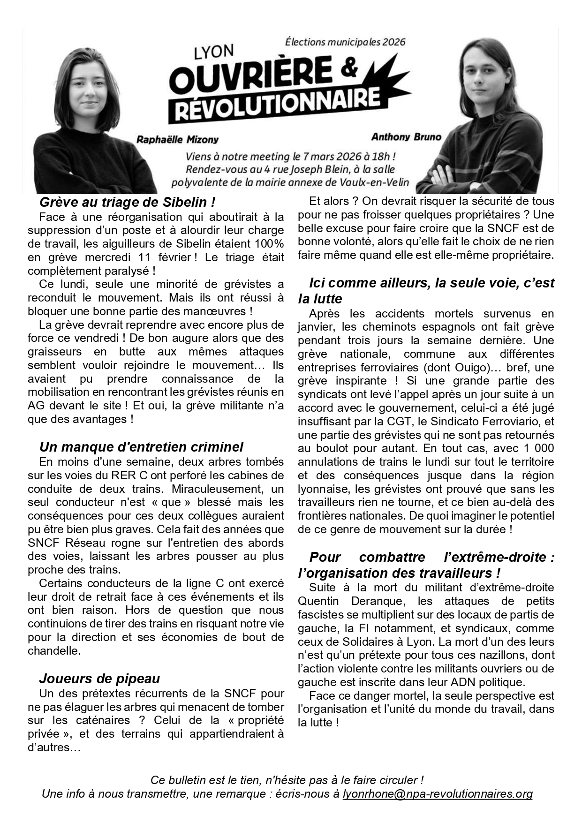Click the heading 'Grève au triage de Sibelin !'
[x=128, y=203]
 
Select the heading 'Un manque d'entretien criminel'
[x=141, y=447]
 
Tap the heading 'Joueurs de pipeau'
[x=99, y=679]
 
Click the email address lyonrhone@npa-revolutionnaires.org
[x=438, y=794]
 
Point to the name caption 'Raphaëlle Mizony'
[x=177, y=139]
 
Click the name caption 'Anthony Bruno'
[x=406, y=137]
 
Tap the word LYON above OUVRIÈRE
[x=214, y=53]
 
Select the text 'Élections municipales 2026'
[x=345, y=42]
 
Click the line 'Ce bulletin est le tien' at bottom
[x=287, y=780]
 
